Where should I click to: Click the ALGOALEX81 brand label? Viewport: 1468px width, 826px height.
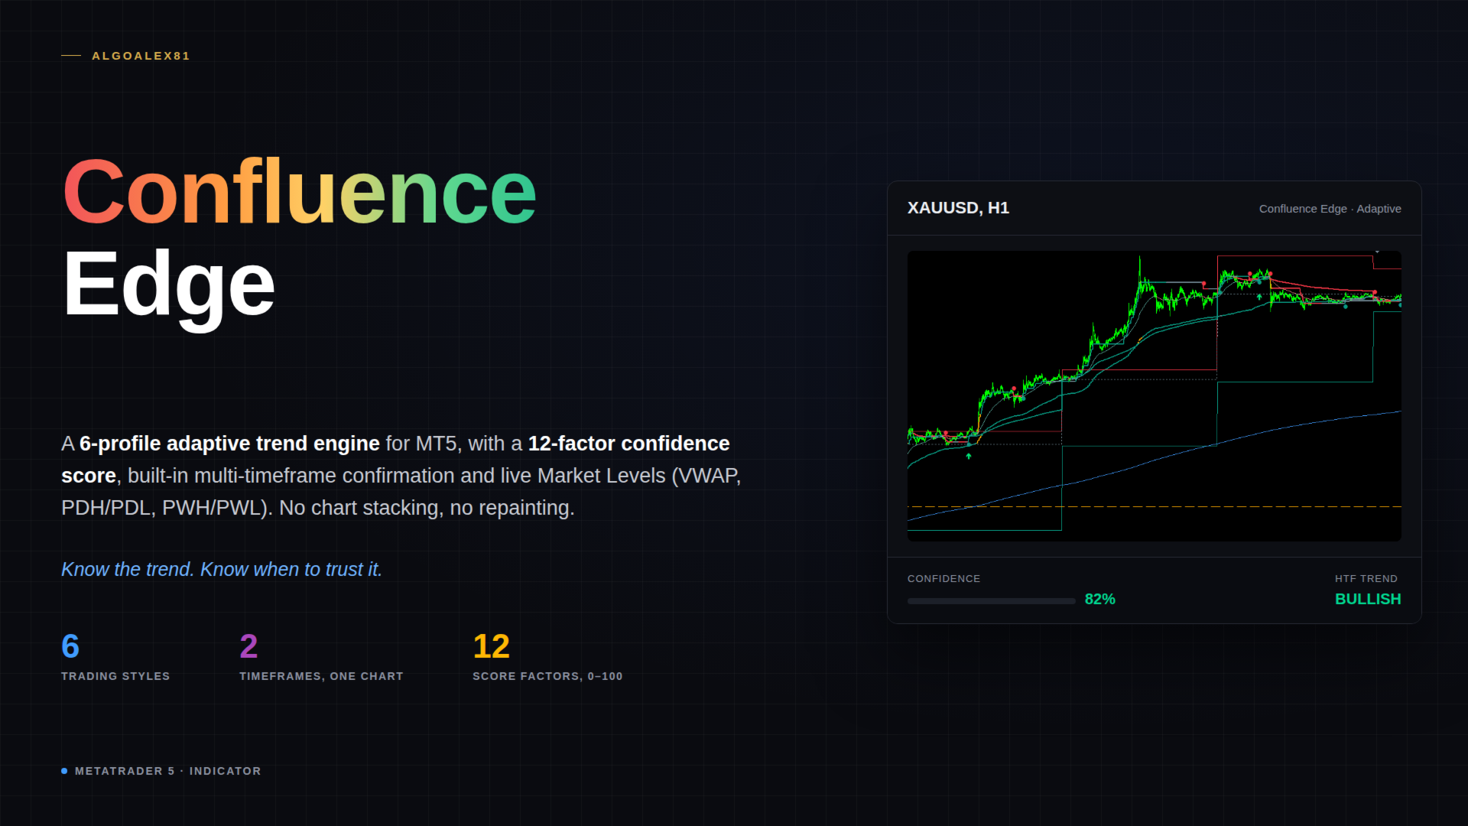click(141, 56)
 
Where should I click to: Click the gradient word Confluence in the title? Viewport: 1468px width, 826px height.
click(300, 193)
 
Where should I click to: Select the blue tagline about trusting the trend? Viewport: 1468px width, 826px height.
click(222, 570)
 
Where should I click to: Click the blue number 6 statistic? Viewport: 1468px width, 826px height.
click(70, 646)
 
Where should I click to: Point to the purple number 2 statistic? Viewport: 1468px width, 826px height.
click(248, 646)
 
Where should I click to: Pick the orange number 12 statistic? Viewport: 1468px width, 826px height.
click(491, 646)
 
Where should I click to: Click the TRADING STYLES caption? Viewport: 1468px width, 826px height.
click(115, 676)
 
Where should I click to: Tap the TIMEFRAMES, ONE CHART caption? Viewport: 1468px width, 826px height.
click(321, 676)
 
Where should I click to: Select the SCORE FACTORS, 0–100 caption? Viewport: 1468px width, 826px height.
click(547, 676)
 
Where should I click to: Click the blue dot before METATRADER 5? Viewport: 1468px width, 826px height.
click(64, 771)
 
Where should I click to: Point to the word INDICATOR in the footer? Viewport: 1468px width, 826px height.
click(226, 771)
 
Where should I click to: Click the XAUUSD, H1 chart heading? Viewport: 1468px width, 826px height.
click(958, 208)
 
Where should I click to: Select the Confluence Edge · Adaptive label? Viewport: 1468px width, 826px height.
click(1330, 209)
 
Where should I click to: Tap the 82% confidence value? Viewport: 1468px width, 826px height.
click(1100, 600)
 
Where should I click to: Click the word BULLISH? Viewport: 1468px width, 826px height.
click(1368, 600)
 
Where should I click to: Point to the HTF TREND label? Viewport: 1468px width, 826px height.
click(1366, 579)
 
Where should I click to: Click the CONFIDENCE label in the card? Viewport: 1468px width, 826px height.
click(943, 579)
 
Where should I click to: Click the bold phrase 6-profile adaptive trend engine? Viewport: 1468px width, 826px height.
click(229, 444)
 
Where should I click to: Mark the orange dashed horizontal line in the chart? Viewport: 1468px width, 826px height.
click(1155, 506)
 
